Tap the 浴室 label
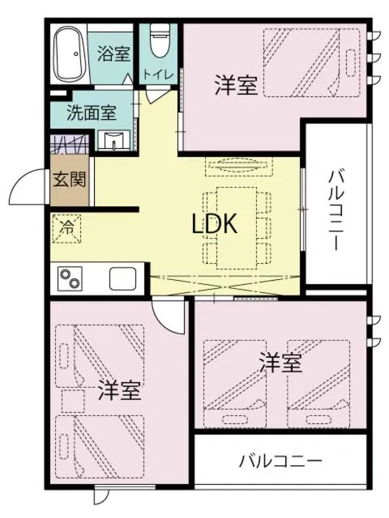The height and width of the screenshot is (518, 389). pyautogui.click(x=113, y=54)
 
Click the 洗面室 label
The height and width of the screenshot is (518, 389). pyautogui.click(x=91, y=113)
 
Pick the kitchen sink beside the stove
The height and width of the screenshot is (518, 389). pyautogui.click(x=124, y=279)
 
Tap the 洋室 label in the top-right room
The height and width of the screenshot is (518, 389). pyautogui.click(x=236, y=85)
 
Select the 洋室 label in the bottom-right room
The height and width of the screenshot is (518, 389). pyautogui.click(x=280, y=363)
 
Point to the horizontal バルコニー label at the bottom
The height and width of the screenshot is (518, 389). pyautogui.click(x=280, y=462)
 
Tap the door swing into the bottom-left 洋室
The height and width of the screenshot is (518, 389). pyautogui.click(x=168, y=317)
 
